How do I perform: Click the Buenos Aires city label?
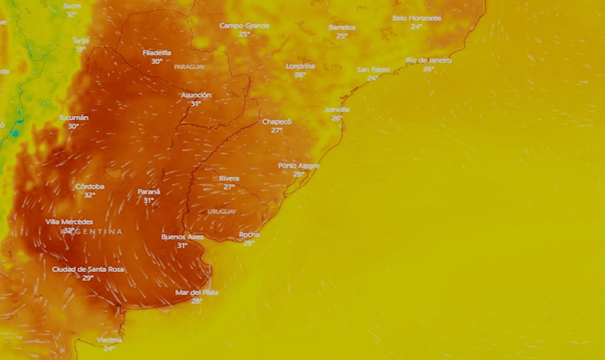182,237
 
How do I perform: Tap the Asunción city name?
195,94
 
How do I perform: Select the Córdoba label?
90,186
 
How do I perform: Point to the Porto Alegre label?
298,166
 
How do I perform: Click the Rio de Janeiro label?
429,60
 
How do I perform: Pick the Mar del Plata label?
196,292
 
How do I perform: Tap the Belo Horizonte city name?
416,18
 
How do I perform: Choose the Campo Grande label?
244,26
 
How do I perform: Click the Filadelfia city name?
157,52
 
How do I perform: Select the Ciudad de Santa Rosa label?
88,270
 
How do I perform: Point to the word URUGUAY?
222,211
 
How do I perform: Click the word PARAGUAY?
190,66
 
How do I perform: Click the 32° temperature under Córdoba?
90,195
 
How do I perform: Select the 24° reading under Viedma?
109,348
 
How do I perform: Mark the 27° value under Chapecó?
277,130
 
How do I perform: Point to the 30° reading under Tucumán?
74,126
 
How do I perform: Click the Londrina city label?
300,66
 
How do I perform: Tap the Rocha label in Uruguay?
249,234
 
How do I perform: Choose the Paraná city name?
149,192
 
